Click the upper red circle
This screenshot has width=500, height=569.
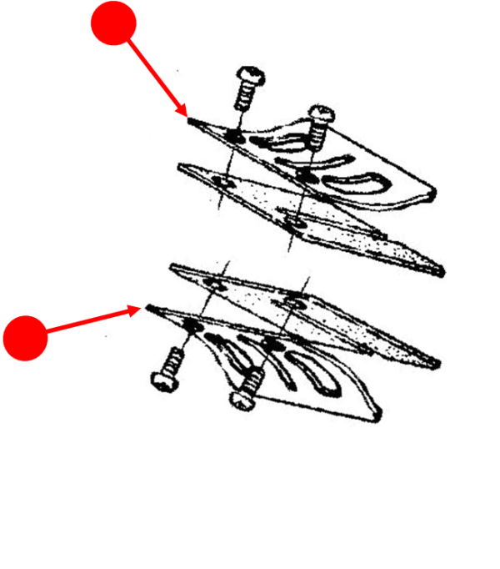pyautogui.click(x=113, y=23)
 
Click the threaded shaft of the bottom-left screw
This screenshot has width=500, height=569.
pyautogui.click(x=172, y=362)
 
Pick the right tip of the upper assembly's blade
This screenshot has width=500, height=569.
pyautogui.click(x=439, y=269)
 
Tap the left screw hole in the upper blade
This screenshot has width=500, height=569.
pyautogui.click(x=223, y=180)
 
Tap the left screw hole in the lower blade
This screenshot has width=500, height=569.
pyautogui.click(x=215, y=286)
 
